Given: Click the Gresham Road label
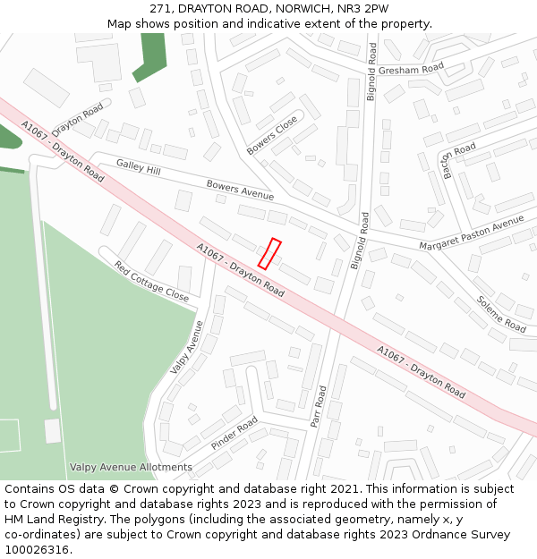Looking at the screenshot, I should pyautogui.click(x=411, y=69).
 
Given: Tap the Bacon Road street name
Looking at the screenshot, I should pyautogui.click(x=457, y=160).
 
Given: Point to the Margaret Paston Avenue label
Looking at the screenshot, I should pyautogui.click(x=471, y=233).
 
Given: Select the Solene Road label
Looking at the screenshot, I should pyautogui.click(x=501, y=314).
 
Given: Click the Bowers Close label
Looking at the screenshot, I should pyautogui.click(x=272, y=135).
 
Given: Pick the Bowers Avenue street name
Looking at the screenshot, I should pyautogui.click(x=240, y=190).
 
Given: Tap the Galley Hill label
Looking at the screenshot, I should pyautogui.click(x=138, y=167).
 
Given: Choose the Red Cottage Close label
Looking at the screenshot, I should pyautogui.click(x=151, y=281).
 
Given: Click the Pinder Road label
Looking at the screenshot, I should pyautogui.click(x=234, y=433).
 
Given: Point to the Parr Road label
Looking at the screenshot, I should pyautogui.click(x=320, y=407).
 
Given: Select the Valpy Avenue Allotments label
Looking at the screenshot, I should pyautogui.click(x=131, y=467).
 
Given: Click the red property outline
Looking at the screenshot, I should pyautogui.click(x=269, y=253).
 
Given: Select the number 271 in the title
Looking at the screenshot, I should pyautogui.click(x=161, y=8).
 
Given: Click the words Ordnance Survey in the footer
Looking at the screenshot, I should pyautogui.click(x=465, y=535).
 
